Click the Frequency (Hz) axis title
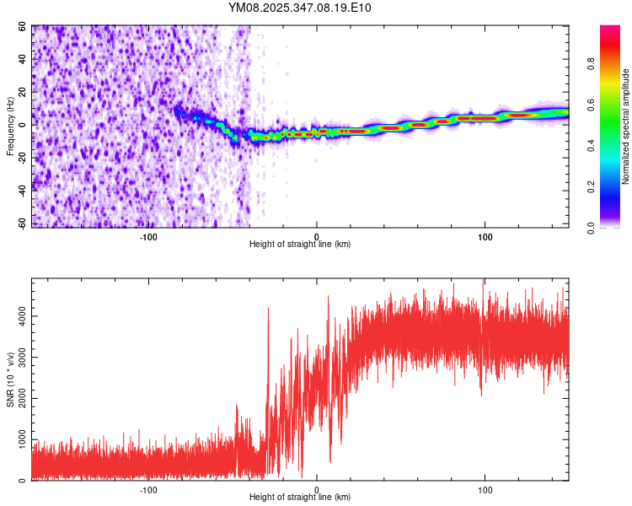[10, 126]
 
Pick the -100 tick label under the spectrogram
[148, 235]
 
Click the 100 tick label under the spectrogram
[485, 235]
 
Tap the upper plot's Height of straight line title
[300, 244]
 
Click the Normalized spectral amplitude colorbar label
[625, 126]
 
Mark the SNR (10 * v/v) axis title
[10, 379]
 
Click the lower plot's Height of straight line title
[300, 497]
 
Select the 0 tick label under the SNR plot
[317, 488]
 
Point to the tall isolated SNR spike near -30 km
[268, 310]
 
